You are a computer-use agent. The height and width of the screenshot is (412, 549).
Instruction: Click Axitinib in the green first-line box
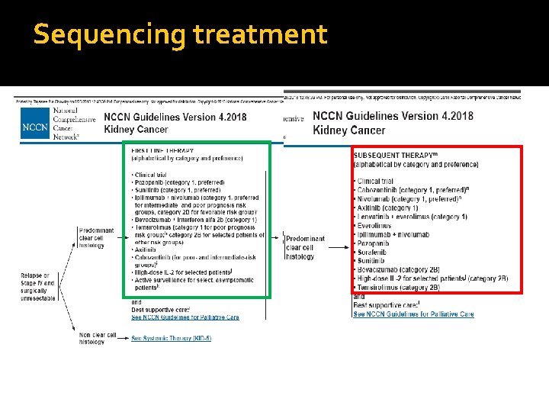(148, 249)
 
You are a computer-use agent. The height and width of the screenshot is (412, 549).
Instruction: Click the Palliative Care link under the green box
(185, 317)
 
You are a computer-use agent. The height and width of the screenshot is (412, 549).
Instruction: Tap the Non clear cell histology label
(97, 338)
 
